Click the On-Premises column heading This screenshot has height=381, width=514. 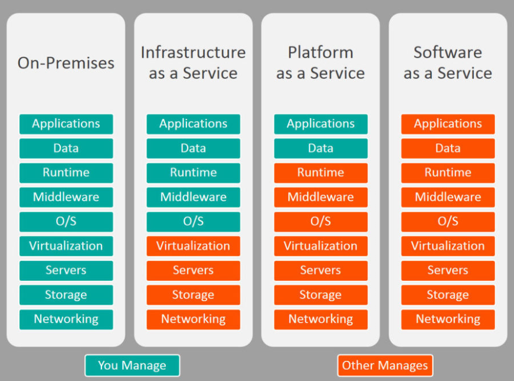[66, 63]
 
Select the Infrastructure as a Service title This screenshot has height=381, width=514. [194, 63]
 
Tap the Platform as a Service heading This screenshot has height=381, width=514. [320, 63]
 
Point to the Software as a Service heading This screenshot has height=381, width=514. [448, 63]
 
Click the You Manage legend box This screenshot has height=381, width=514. [132, 365]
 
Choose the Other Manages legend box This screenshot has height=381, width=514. [385, 365]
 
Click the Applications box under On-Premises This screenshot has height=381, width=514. [66, 124]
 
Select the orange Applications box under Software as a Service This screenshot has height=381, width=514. [448, 124]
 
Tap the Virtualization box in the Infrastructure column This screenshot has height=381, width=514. [194, 246]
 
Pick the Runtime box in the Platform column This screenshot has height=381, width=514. [320, 173]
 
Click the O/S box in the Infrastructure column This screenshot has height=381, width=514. [194, 221]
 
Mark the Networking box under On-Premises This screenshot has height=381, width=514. [66, 320]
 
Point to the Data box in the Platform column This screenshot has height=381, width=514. [320, 149]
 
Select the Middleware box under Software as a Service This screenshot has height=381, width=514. [448, 197]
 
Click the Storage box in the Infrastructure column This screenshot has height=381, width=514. [194, 295]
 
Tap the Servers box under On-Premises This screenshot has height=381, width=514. [66, 270]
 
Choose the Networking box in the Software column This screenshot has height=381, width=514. [448, 320]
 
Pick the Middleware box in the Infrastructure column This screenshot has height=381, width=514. [194, 197]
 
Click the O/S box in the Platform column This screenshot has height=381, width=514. [320, 221]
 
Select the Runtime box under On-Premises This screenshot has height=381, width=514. [66, 173]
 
